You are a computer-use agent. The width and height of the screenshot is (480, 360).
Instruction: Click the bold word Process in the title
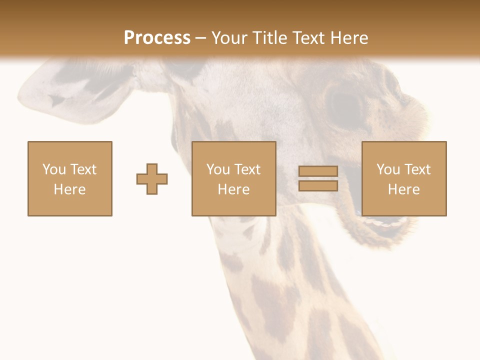(x=157, y=37)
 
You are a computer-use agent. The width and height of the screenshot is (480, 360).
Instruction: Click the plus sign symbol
(x=152, y=179)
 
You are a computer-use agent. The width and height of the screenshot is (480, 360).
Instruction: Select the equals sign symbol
(x=318, y=179)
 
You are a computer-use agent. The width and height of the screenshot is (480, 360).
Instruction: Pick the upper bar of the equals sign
(x=318, y=171)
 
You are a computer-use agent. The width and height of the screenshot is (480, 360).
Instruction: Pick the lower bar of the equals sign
(x=318, y=186)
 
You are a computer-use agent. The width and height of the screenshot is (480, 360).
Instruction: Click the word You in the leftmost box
(x=53, y=169)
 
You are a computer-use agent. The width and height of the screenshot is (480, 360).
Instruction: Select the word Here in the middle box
(x=233, y=189)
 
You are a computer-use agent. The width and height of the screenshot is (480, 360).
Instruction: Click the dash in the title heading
(x=200, y=38)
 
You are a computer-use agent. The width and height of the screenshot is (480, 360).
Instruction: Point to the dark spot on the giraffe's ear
(x=57, y=100)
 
